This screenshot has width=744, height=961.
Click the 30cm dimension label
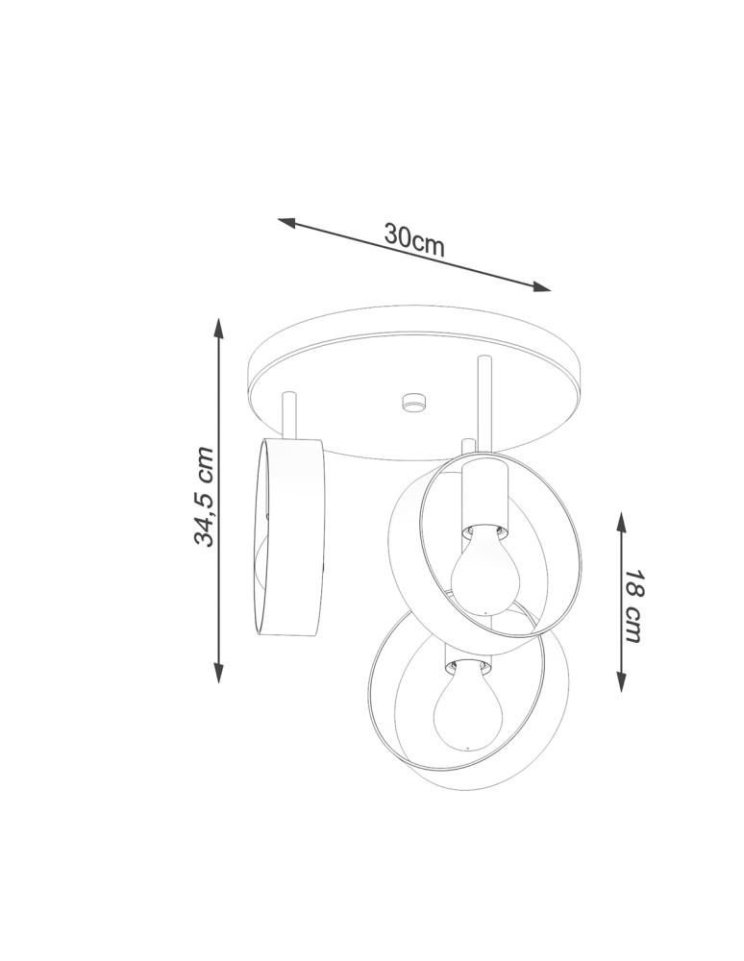(413, 239)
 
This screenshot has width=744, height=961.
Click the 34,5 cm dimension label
(204, 497)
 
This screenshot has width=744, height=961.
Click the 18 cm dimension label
(633, 605)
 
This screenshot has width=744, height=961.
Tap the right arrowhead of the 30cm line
(541, 286)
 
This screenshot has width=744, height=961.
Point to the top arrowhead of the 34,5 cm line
(218, 328)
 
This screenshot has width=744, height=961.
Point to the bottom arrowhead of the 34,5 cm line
(218, 672)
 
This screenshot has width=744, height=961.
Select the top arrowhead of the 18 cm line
(621, 523)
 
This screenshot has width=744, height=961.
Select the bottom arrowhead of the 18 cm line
(621, 681)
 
